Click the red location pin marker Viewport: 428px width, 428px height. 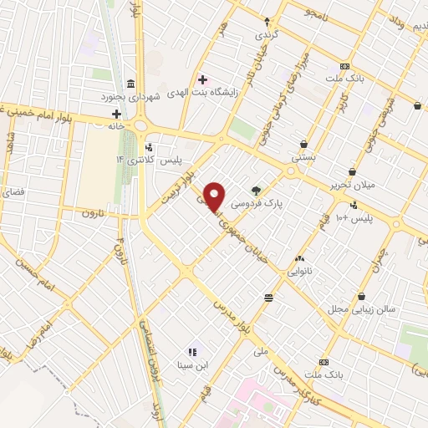[215, 196]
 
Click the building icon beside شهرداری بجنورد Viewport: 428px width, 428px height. [130, 84]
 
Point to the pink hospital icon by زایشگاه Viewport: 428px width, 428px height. [201, 80]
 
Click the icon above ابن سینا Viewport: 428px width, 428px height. [191, 352]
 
